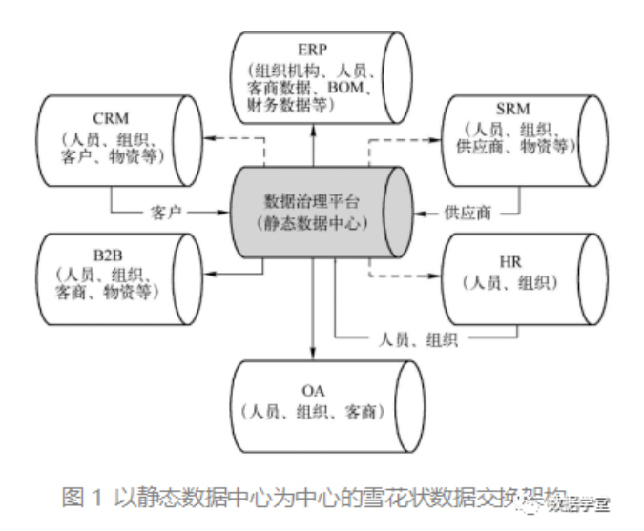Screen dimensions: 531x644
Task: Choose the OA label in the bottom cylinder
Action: [312, 390]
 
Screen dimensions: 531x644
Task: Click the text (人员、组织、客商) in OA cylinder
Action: [313, 412]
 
